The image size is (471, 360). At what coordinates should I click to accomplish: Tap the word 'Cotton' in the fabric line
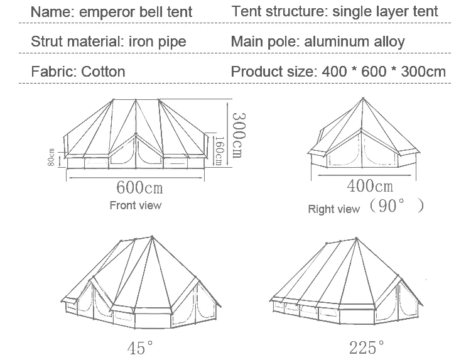tap(104, 71)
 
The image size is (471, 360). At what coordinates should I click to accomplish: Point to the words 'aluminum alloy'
tap(355, 42)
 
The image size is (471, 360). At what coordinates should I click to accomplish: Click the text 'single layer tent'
tap(384, 12)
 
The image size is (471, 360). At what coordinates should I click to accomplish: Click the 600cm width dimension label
tap(139, 187)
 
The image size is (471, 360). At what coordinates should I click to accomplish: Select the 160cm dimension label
tap(219, 151)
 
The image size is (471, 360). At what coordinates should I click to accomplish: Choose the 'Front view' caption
tap(135, 205)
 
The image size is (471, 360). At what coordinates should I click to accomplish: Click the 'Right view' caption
tap(333, 209)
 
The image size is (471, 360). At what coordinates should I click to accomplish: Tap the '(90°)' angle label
tap(396, 206)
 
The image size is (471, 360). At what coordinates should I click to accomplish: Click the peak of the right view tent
tap(364, 97)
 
